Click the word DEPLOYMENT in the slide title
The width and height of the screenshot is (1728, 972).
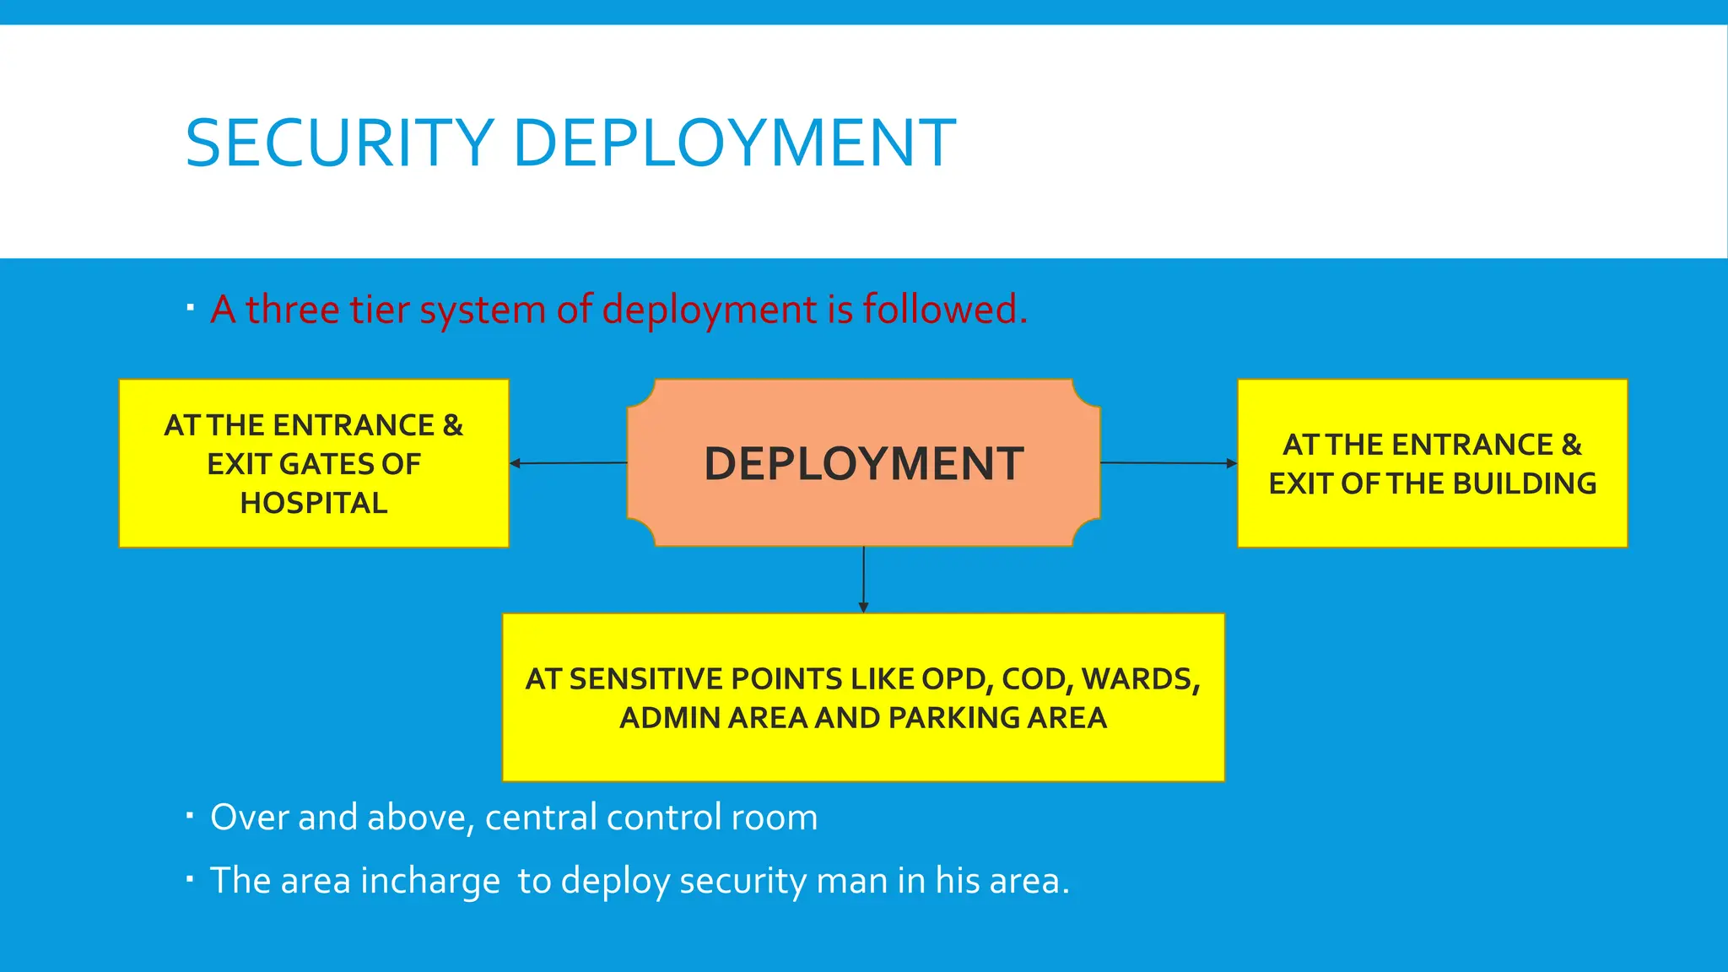(734, 143)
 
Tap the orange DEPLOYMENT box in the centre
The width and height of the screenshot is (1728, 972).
(863, 463)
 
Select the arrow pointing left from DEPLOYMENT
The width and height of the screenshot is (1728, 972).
(568, 463)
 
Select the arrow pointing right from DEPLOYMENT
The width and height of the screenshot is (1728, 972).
(1169, 463)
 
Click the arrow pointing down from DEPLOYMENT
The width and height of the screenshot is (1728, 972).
(863, 580)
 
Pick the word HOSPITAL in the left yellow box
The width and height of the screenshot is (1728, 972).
(314, 503)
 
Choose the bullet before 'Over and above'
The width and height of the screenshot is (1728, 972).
(191, 816)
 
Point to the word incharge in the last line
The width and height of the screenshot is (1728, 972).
(430, 882)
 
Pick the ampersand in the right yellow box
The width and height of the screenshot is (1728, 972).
(1571, 445)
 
